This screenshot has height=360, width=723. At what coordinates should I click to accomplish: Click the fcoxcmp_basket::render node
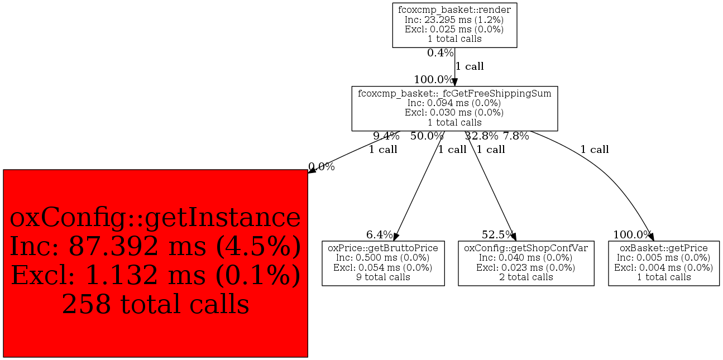tap(454, 25)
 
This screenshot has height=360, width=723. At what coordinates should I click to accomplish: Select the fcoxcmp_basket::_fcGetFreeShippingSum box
tap(454, 108)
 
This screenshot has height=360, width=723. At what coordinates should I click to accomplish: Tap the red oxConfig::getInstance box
tap(155, 263)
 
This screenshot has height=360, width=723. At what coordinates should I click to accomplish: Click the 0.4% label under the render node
tap(440, 53)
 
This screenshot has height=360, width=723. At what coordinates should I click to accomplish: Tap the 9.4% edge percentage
tap(386, 136)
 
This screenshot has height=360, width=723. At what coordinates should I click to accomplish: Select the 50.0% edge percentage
tap(427, 136)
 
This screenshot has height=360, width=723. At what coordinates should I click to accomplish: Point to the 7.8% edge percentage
tap(516, 136)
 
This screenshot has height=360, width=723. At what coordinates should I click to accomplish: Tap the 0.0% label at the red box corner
tap(322, 167)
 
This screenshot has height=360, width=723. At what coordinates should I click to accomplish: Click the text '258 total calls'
tap(155, 304)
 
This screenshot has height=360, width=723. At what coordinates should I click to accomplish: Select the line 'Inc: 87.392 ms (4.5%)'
tap(155, 246)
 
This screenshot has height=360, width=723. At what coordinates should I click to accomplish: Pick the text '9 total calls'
tap(383, 277)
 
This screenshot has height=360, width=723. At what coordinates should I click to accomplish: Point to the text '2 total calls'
tap(526, 277)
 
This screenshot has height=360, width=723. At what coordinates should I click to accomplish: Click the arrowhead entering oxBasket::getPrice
tap(650, 237)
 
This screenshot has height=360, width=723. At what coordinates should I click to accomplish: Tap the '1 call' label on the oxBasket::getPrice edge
tap(595, 150)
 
